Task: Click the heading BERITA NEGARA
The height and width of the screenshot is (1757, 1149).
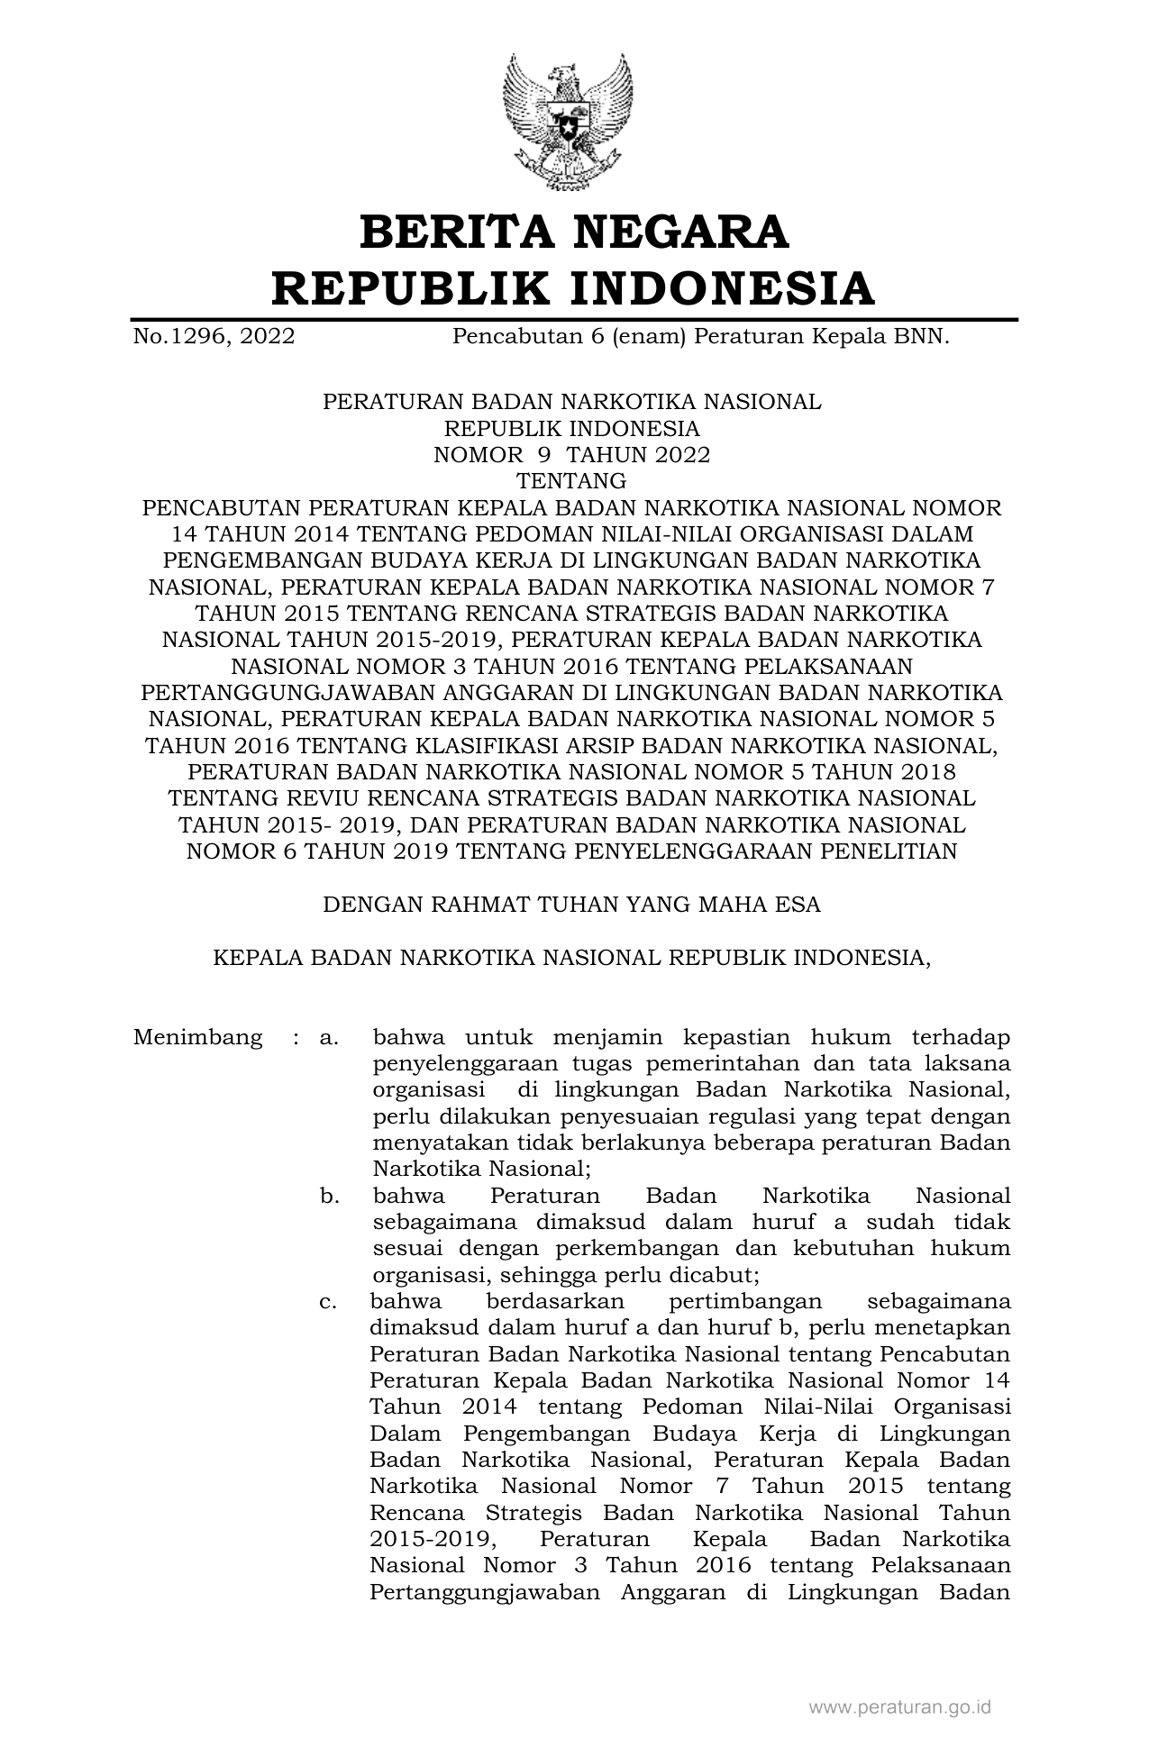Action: coord(574,232)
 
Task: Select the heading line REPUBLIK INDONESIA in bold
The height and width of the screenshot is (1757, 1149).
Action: coord(574,288)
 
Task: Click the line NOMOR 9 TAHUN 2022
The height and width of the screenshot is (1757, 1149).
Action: coord(572,455)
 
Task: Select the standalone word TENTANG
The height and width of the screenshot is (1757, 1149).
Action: coord(571,481)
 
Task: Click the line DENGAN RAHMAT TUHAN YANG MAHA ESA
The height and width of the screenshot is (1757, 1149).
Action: coord(572,905)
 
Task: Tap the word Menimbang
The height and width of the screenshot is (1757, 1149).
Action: coord(198,1037)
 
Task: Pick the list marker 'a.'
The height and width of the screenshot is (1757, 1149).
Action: coord(329,1038)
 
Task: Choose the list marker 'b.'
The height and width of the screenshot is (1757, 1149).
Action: coord(329,1197)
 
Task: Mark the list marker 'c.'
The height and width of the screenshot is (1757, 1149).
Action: coord(329,1303)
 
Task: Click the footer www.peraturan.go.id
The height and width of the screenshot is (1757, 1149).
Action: coord(900,1707)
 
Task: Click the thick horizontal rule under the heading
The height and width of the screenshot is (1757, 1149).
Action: coord(574,319)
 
